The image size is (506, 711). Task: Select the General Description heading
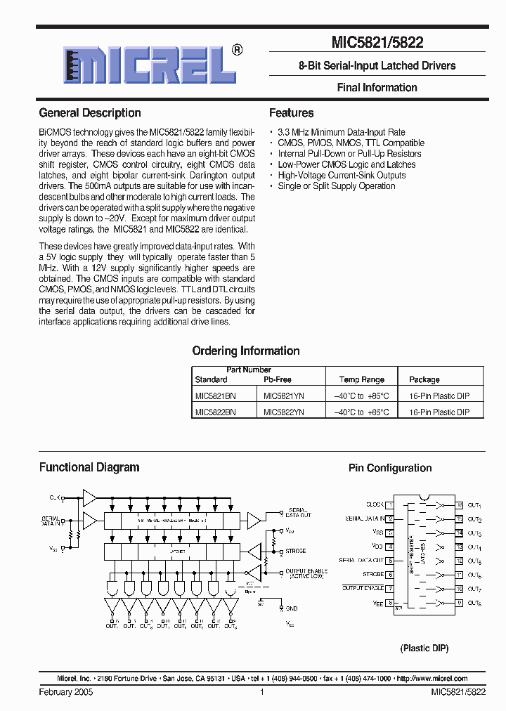[x=90, y=113]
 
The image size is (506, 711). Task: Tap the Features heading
[x=292, y=113]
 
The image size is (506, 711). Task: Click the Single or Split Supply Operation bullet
[x=337, y=186]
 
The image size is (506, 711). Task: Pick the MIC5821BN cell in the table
[x=216, y=396]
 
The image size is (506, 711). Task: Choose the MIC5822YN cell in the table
[x=284, y=412]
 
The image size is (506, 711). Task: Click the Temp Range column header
[x=362, y=379]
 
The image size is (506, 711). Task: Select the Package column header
[x=424, y=379]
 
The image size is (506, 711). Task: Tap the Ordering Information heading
[x=246, y=351]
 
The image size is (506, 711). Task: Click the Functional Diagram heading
[x=89, y=467]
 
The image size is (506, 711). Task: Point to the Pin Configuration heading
[x=390, y=468]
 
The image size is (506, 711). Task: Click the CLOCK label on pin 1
[x=375, y=504]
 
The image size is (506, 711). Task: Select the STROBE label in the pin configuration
[x=373, y=574]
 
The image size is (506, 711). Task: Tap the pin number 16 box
[x=459, y=504]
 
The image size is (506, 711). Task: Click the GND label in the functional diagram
[x=292, y=608]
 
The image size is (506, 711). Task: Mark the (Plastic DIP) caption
[x=424, y=648]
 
